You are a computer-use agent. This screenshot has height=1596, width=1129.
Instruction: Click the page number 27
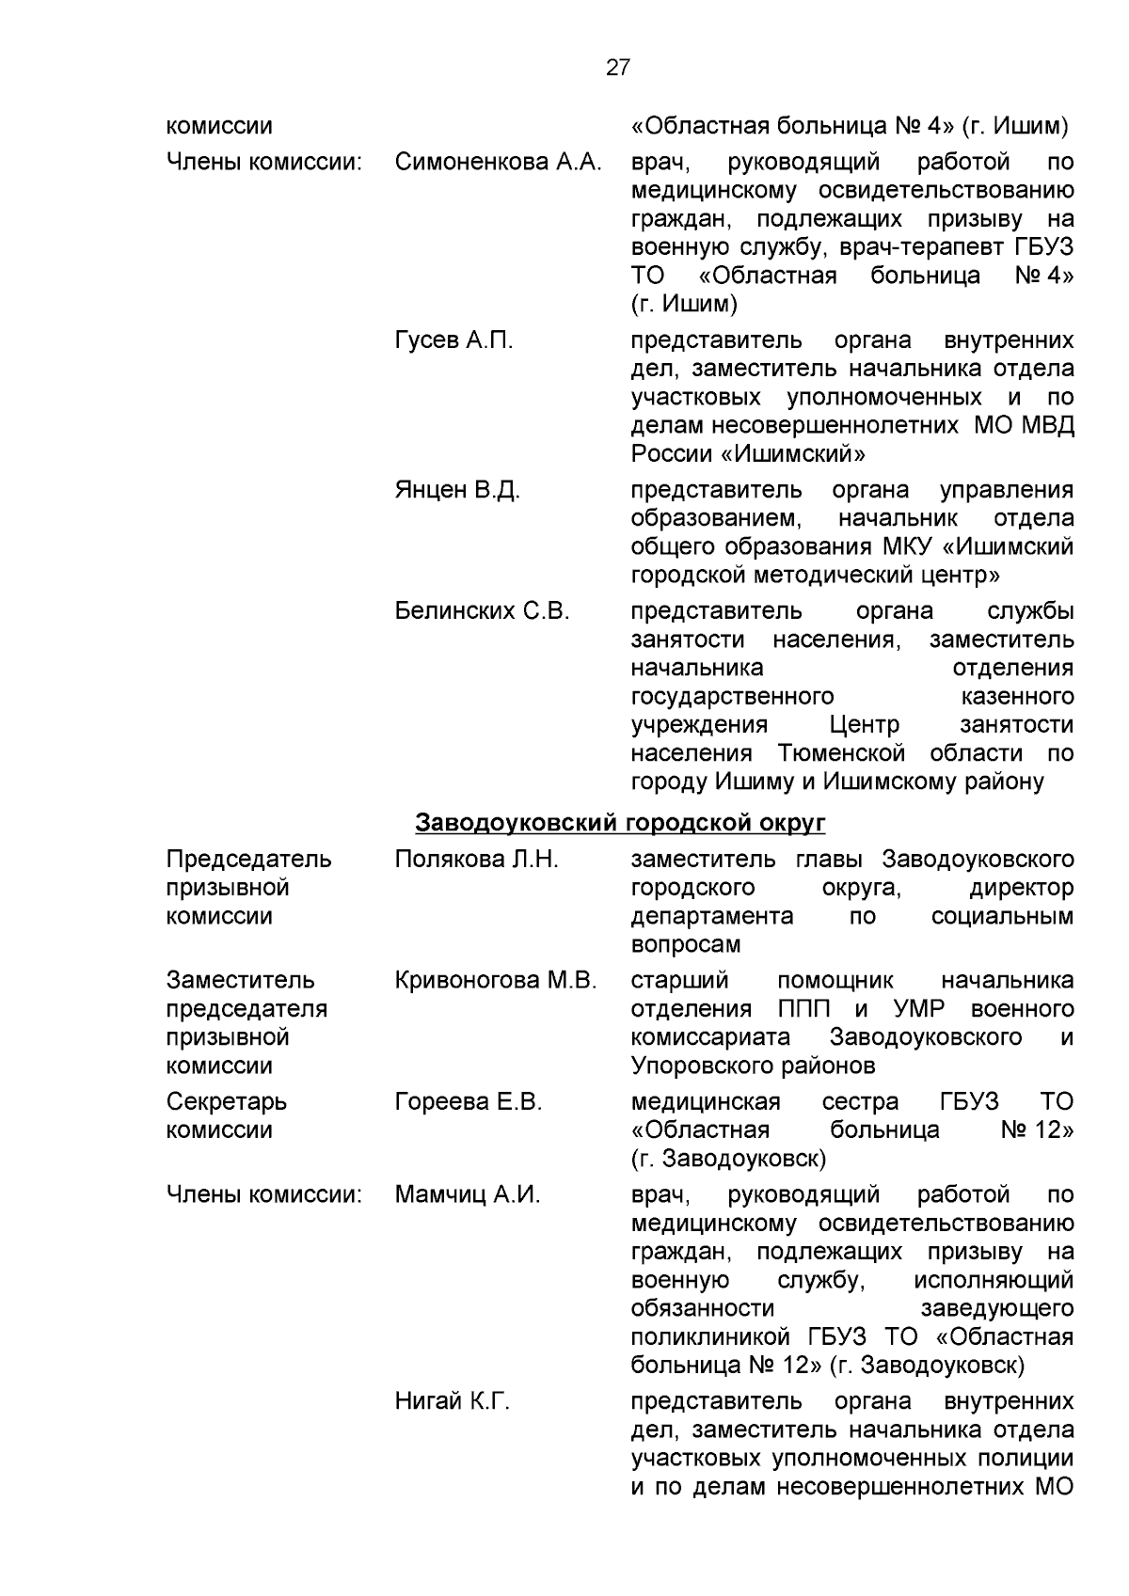tap(617, 68)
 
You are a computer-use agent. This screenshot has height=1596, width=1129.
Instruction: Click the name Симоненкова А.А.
tap(498, 163)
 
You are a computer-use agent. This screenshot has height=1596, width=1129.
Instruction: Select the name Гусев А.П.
tap(454, 340)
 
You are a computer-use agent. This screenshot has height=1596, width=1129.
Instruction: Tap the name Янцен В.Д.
tap(457, 490)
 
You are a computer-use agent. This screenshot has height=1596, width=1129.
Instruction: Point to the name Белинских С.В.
tap(483, 611)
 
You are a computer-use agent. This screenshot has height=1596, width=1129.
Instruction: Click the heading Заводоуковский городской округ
tap(620, 823)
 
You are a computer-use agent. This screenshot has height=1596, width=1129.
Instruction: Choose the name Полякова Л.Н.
tap(477, 859)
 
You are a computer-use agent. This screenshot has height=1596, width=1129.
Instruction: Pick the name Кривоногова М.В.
tap(496, 980)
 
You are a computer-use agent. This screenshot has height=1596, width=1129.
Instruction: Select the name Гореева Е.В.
tap(469, 1101)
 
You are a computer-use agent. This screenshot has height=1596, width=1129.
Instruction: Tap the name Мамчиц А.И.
tap(468, 1195)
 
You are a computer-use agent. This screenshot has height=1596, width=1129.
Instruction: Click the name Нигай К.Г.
tap(453, 1401)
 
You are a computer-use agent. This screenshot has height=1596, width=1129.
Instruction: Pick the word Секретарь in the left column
tap(227, 1101)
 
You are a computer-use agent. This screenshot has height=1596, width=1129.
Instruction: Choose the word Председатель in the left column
tap(248, 859)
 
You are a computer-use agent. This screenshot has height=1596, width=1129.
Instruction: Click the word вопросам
tap(686, 944)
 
